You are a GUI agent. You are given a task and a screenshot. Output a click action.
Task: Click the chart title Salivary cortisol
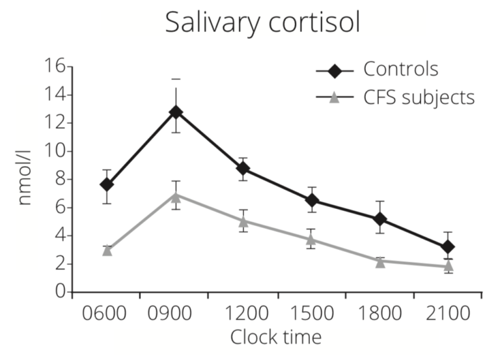[x=262, y=22]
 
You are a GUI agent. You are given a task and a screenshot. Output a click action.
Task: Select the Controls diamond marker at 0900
[x=176, y=112]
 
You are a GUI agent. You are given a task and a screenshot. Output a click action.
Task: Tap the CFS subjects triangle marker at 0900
[x=176, y=195]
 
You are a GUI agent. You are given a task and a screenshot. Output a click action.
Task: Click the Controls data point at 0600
[x=107, y=184]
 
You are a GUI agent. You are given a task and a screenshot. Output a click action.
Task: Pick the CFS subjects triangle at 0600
[x=107, y=250]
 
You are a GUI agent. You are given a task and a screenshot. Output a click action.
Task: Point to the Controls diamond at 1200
[x=243, y=169]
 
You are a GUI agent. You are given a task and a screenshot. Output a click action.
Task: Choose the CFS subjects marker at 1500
[x=311, y=239]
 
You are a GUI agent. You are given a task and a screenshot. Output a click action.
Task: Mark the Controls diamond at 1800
[x=380, y=219]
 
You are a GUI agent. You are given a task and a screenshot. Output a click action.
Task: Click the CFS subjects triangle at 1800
[x=380, y=261]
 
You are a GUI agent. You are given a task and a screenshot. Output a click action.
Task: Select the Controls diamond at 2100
[x=447, y=247]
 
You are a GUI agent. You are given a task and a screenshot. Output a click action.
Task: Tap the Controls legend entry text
[x=400, y=70]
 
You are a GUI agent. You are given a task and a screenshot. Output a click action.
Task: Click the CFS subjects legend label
[x=419, y=98]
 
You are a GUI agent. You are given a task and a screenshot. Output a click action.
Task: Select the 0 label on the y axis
[x=60, y=292]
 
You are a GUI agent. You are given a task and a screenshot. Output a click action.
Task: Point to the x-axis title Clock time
[x=276, y=337]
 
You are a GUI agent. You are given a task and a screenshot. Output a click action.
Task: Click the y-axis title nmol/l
[x=24, y=180]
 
